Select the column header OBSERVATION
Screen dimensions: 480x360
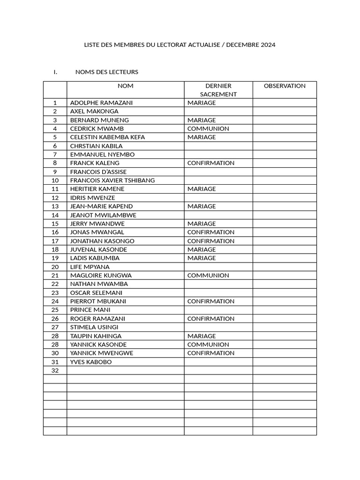tap(285, 86)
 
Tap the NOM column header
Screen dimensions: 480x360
tap(125, 86)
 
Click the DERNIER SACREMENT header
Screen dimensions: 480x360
tap(218, 90)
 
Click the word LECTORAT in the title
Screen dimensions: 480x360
tap(171, 45)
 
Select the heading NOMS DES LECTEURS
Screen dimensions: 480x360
tap(106, 72)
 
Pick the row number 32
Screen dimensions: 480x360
tap(55, 370)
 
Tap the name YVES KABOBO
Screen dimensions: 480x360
tap(91, 362)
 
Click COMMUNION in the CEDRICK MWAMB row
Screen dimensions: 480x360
tap(208, 128)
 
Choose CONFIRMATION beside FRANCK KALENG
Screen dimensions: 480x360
tap(210, 163)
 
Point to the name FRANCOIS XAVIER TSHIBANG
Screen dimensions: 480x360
tap(112, 180)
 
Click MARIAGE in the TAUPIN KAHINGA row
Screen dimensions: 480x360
tap(202, 336)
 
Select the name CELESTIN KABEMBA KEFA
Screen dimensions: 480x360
tap(107, 137)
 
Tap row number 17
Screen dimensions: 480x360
tap(55, 241)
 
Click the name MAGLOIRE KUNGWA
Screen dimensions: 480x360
tap(101, 276)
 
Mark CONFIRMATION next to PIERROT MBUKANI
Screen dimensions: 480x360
tap(210, 301)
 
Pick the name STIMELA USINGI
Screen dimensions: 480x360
tap(94, 327)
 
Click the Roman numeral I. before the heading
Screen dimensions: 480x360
tap(55, 72)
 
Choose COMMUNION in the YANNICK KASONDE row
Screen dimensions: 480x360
tap(208, 345)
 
